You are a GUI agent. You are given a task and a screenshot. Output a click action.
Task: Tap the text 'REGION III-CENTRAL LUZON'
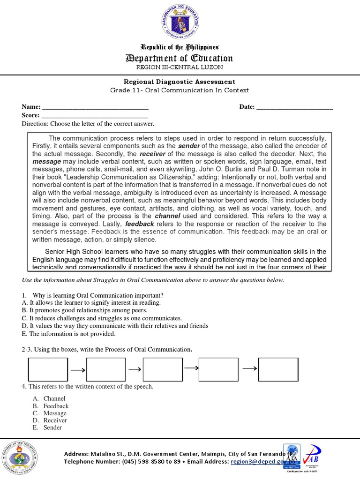(x=180, y=67)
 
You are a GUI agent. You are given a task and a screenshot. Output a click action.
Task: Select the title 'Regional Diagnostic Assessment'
(x=180, y=82)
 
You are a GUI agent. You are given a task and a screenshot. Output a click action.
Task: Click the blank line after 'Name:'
(x=95, y=107)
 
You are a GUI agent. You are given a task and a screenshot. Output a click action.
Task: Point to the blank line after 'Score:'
(x=94, y=115)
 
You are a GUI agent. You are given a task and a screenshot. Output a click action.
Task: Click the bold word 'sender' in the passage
(x=188, y=146)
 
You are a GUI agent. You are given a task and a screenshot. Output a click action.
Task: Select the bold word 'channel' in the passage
(x=167, y=216)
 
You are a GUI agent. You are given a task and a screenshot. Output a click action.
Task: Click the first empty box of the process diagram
(x=48, y=369)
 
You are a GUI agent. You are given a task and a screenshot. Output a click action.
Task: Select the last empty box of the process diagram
(x=278, y=369)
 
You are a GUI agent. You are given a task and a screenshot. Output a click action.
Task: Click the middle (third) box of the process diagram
(x=163, y=369)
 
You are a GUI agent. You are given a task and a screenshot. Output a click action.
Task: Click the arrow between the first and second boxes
(x=77, y=370)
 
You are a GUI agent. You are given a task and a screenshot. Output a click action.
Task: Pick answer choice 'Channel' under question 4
(x=54, y=398)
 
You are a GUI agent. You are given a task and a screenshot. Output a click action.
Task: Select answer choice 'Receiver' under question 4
(x=55, y=420)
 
